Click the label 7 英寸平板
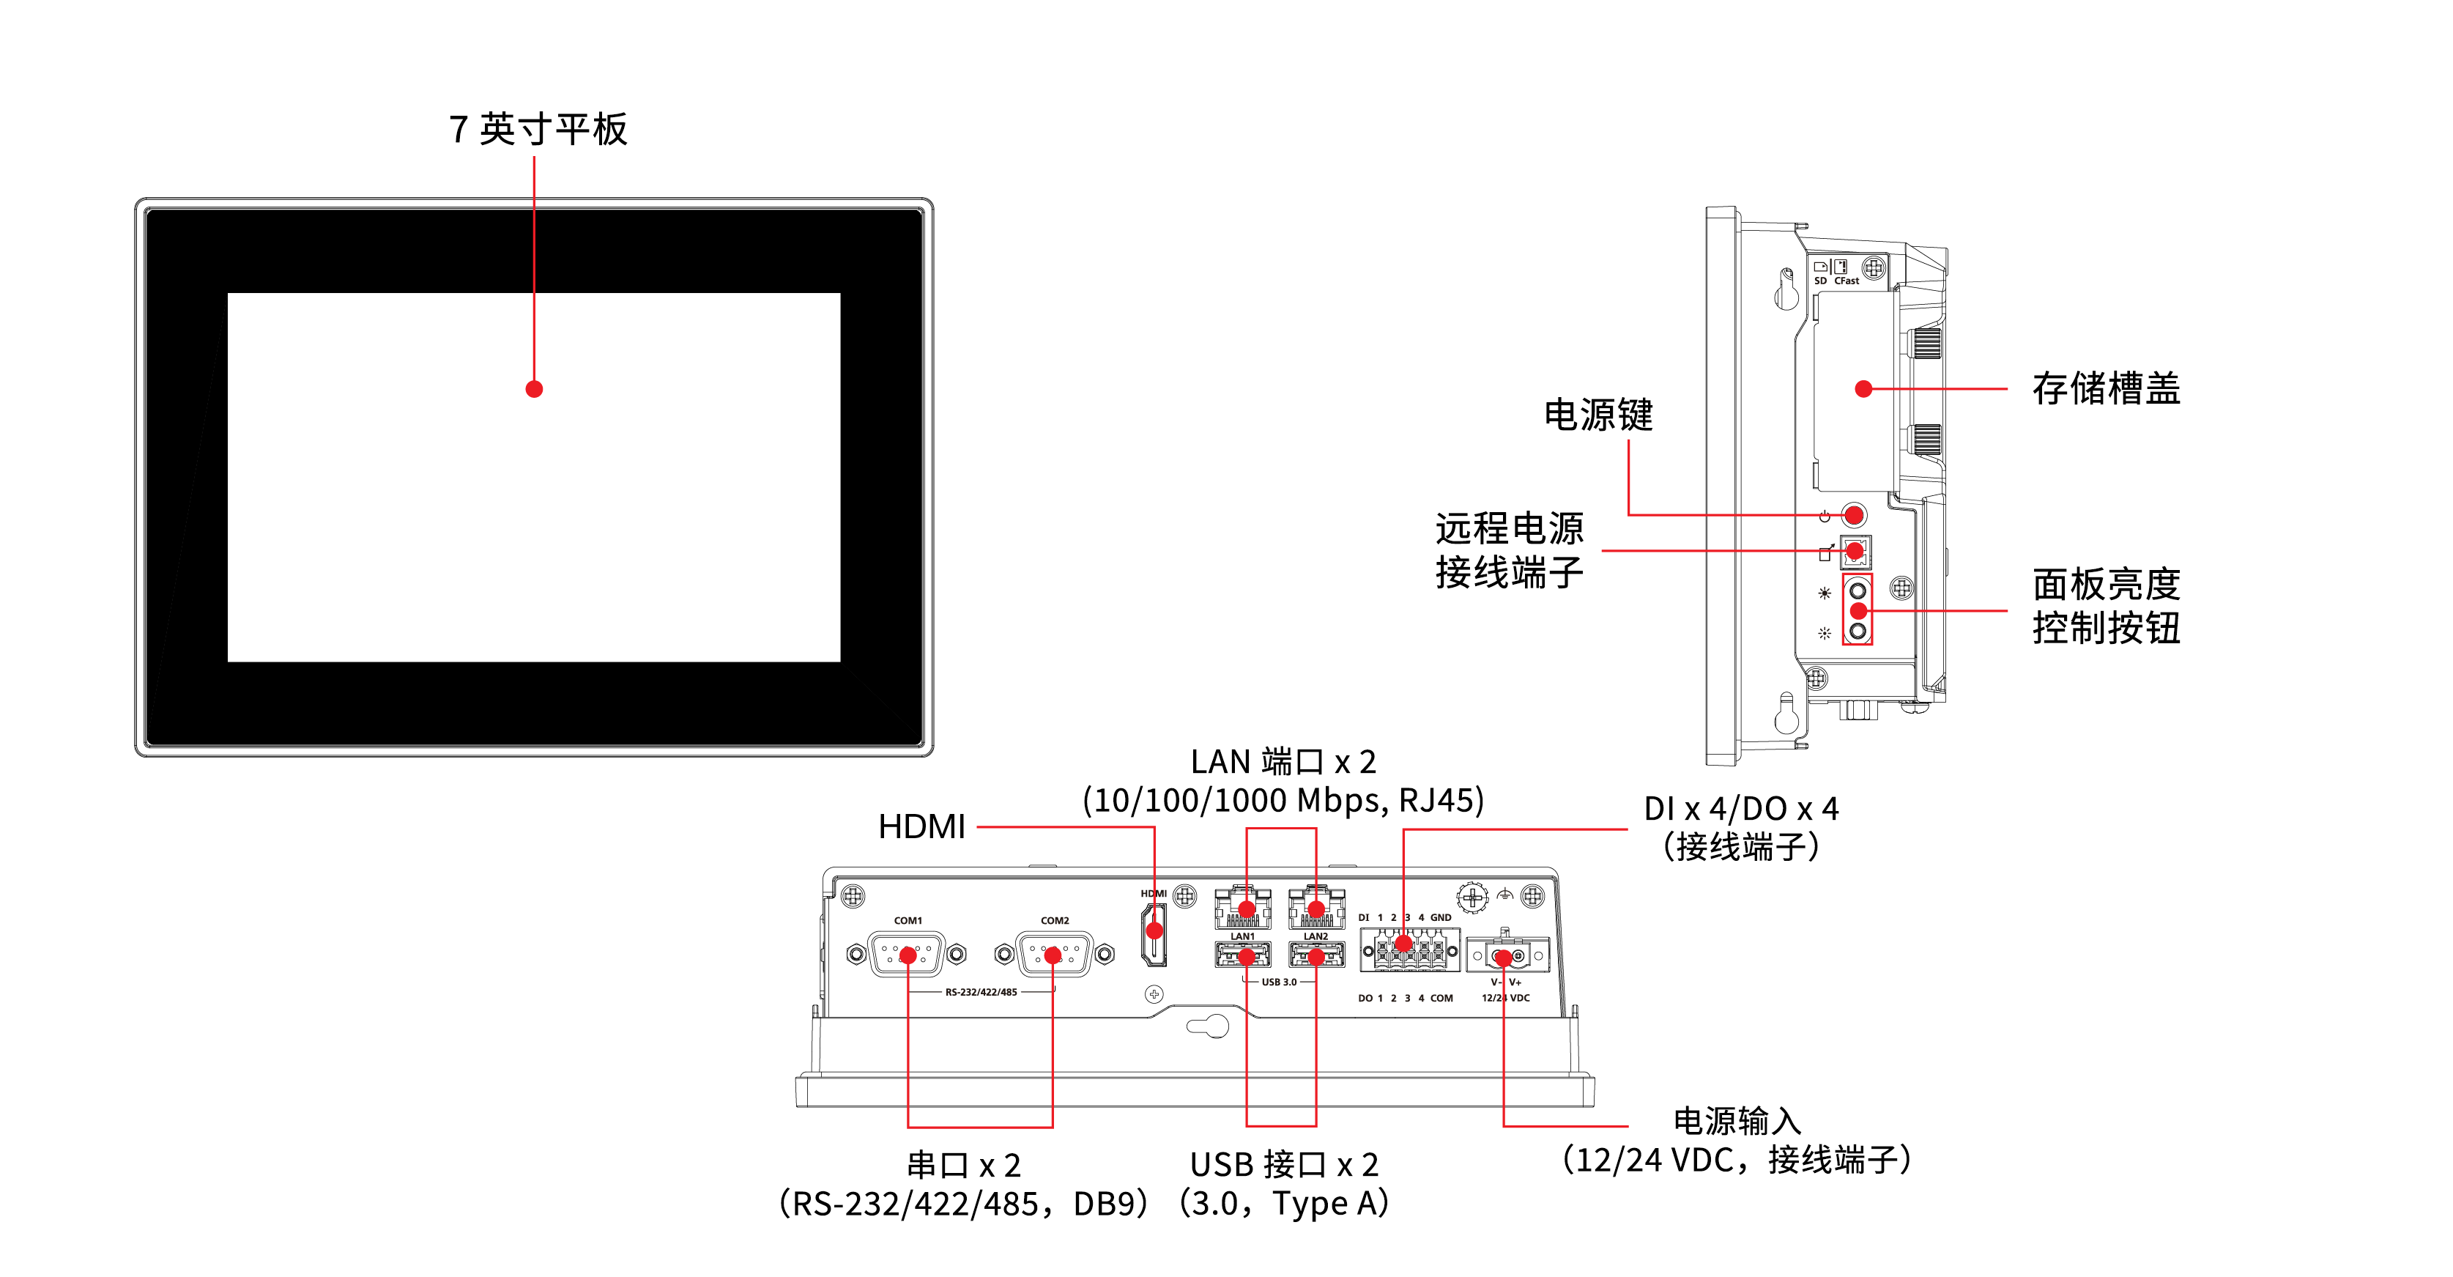pos(538,128)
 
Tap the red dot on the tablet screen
pos(534,388)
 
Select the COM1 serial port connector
pos(907,954)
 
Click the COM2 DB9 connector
pos(1053,954)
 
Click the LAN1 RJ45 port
pos(1244,908)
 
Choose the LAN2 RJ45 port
pos(1316,908)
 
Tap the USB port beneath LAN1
pos(1244,954)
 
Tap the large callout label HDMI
pos(921,826)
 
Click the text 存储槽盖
pos(2107,388)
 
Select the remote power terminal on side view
pos(1855,550)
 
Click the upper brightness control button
pos(1858,591)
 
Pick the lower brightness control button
pos(1858,630)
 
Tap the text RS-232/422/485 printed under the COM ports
pos(981,992)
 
